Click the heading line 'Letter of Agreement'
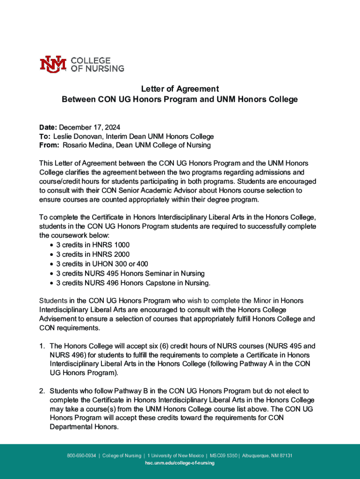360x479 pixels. [x=180, y=89]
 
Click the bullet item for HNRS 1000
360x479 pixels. [x=93, y=245]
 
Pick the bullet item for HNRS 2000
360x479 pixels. [x=93, y=254]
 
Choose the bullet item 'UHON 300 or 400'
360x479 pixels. [x=102, y=264]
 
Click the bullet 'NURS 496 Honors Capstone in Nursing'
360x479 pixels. [x=133, y=283]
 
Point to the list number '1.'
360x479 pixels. [x=42, y=346]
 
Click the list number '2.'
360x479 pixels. [x=42, y=391]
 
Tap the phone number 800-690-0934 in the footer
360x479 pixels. [x=82, y=456]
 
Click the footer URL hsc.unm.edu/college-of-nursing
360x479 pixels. [x=180, y=463]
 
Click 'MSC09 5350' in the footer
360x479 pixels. [x=223, y=456]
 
